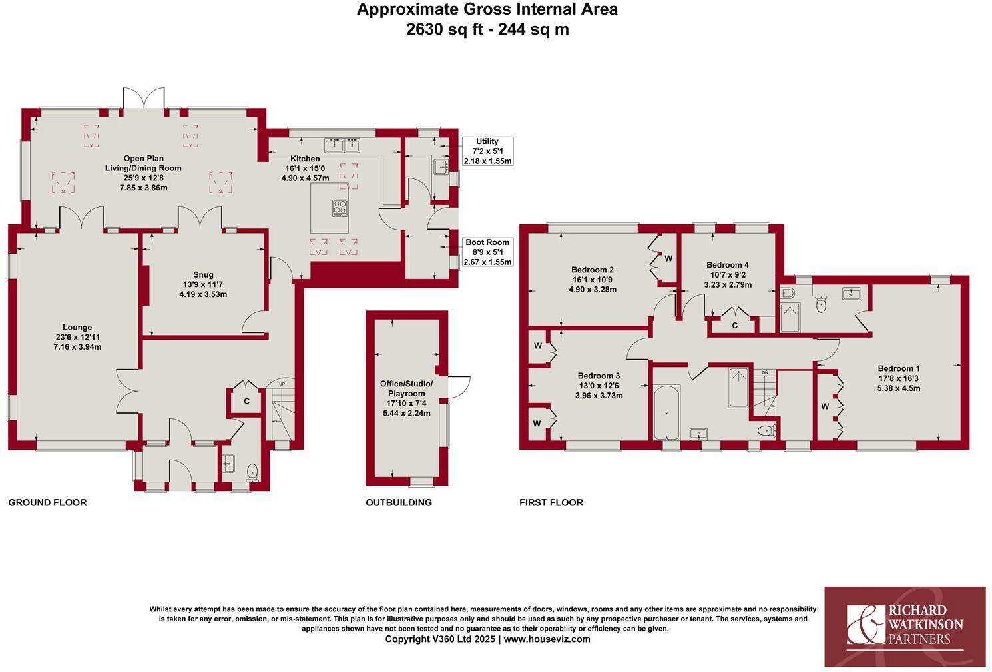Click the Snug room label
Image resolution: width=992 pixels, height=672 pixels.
[x=203, y=274]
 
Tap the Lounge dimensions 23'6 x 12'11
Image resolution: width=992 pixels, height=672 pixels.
[x=77, y=337]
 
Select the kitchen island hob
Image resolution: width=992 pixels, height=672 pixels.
[x=340, y=208]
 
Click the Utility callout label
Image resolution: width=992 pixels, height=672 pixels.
[x=487, y=141]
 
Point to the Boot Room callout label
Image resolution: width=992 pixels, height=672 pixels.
[x=487, y=242]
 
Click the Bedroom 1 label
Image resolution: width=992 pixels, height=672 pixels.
[x=899, y=368]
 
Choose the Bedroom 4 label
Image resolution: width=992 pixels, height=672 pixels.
[x=728, y=265]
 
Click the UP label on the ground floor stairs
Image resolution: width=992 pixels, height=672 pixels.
[x=282, y=384]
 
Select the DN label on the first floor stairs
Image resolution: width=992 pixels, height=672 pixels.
[x=765, y=372]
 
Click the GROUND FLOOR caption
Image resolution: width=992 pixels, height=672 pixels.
[x=47, y=502]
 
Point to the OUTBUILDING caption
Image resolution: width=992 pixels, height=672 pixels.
[x=399, y=502]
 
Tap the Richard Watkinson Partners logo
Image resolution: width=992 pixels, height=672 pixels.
[x=905, y=626]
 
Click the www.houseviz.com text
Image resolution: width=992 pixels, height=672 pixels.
[x=547, y=639]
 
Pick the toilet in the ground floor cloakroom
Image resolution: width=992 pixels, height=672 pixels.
[x=252, y=472]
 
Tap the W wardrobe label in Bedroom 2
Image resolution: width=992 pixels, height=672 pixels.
[x=668, y=258]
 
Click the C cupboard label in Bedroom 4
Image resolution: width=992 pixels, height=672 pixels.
[x=734, y=326]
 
